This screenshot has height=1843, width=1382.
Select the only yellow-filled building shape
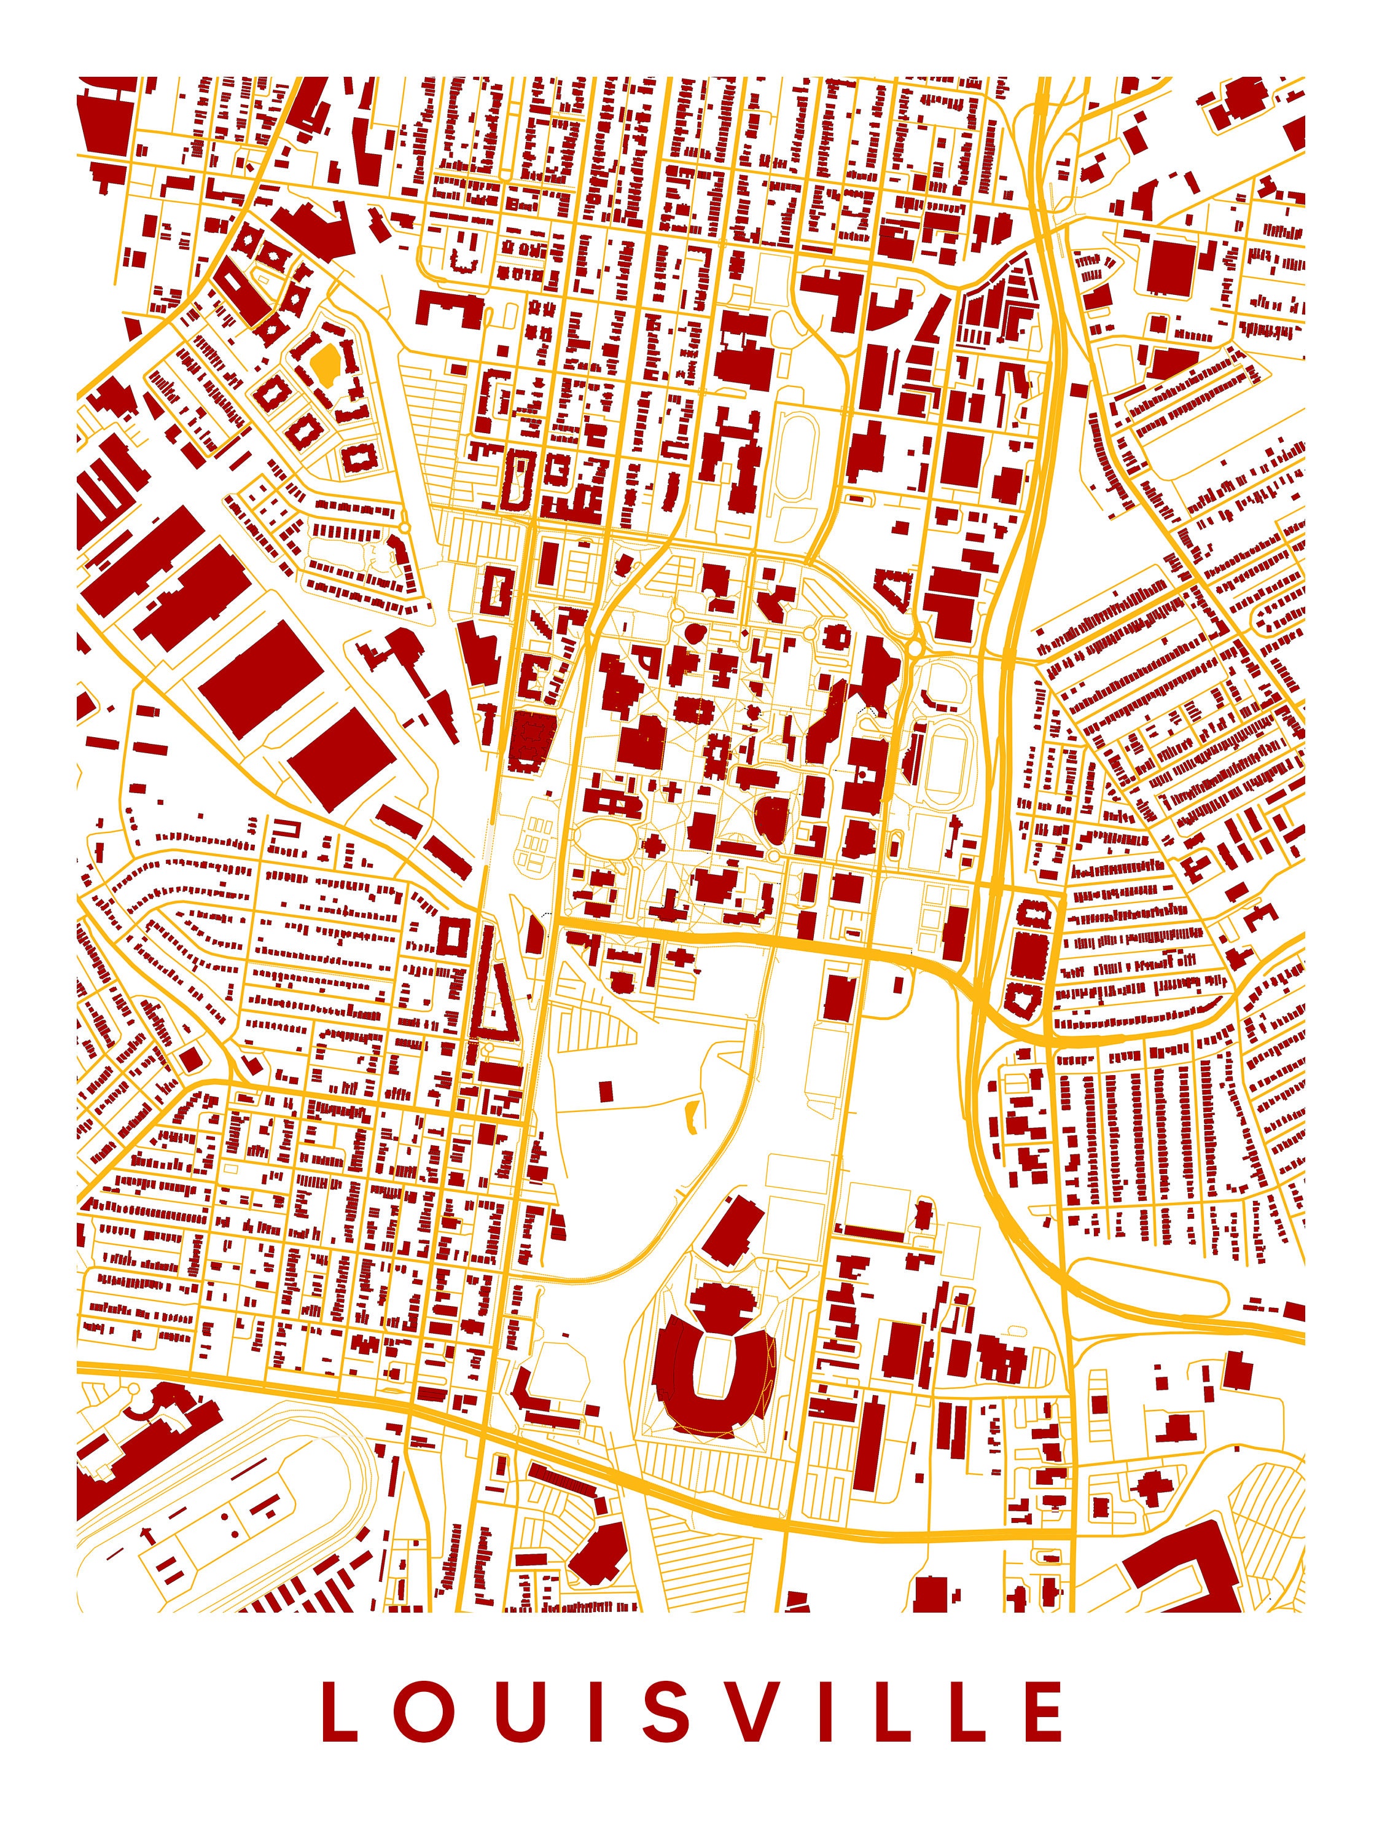[x=324, y=363]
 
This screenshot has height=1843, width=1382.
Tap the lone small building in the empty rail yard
[x=606, y=1090]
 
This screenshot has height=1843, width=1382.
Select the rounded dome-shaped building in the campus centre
[x=774, y=817]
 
